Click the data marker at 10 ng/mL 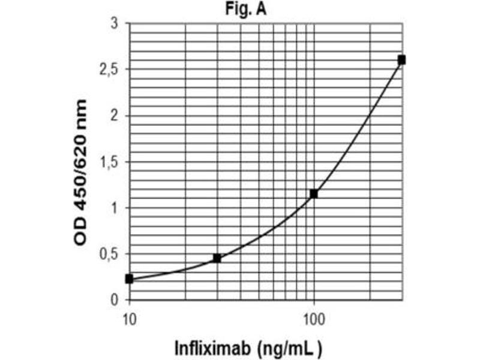point(130,279)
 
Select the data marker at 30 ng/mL point(217,258)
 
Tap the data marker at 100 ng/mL point(313,194)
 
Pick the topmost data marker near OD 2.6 point(401,59)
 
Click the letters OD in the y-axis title point(80,232)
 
